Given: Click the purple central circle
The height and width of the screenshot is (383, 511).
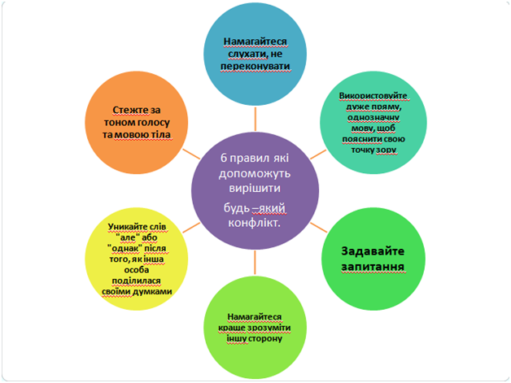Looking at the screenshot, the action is pyautogui.click(x=255, y=190).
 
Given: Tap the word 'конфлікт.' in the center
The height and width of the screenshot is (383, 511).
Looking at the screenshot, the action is pyautogui.click(x=254, y=223).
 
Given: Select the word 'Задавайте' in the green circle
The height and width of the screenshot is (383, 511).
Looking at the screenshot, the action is pyautogui.click(x=373, y=251).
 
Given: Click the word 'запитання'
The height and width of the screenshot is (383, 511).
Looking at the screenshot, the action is pyautogui.click(x=373, y=267).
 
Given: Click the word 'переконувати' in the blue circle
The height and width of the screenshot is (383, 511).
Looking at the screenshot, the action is pyautogui.click(x=255, y=66).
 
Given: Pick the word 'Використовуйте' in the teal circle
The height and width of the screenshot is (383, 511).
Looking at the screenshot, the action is pyautogui.click(x=373, y=96).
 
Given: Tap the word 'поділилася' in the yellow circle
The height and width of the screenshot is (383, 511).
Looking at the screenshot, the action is pyautogui.click(x=136, y=281).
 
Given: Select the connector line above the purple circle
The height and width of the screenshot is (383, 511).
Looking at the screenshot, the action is pyautogui.click(x=255, y=120).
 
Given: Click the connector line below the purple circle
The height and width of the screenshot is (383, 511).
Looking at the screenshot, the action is pyautogui.click(x=255, y=262).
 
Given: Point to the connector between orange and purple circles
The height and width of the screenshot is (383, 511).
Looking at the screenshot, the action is pyautogui.click(x=191, y=155).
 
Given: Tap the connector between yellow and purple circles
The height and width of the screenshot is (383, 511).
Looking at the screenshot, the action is pyautogui.click(x=191, y=228).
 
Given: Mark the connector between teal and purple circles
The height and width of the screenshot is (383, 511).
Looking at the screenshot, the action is pyautogui.click(x=318, y=155).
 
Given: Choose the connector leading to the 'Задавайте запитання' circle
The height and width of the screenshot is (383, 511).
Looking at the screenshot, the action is pyautogui.click(x=319, y=228).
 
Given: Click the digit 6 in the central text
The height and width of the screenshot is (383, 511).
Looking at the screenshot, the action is pyautogui.click(x=224, y=158).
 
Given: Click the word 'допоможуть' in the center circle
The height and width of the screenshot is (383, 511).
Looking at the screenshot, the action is pyautogui.click(x=254, y=173).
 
